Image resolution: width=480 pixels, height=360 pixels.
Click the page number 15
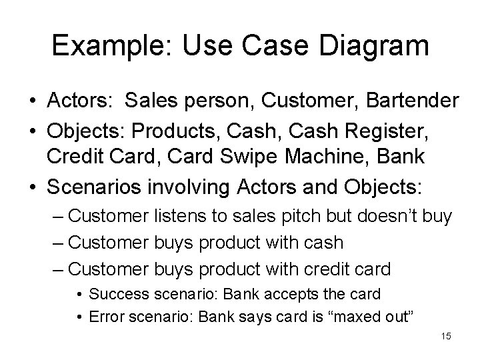tap(446, 336)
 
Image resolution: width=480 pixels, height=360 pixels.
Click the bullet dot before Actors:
tap(32, 101)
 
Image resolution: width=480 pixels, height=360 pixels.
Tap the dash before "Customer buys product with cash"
tap(57, 243)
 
